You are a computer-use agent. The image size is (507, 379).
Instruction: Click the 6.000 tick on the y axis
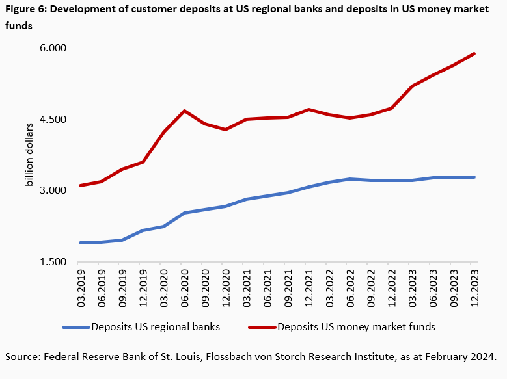pos(54,49)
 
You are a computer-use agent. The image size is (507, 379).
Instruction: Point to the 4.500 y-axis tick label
pos(54,120)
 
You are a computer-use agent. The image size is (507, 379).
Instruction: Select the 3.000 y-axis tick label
pos(54,190)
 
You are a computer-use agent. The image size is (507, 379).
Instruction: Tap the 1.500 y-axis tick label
pos(54,262)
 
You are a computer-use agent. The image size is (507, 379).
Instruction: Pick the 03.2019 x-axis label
pos(81,285)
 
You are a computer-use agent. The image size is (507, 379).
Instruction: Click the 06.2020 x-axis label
pos(185,285)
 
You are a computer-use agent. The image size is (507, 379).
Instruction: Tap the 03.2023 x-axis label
pos(412,285)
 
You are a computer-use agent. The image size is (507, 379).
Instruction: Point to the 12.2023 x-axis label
pos(474,285)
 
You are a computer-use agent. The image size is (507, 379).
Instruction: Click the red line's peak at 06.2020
pos(185,111)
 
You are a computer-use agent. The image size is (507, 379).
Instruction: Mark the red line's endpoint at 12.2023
pos(474,53)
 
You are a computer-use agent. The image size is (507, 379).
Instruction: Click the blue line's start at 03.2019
pos(81,243)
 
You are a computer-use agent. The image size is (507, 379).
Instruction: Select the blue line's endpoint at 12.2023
pos(474,177)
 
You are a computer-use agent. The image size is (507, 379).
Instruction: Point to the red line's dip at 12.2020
pos(226,129)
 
